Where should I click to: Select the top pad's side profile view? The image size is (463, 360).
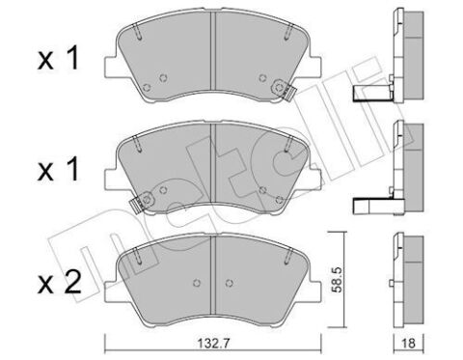402,53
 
